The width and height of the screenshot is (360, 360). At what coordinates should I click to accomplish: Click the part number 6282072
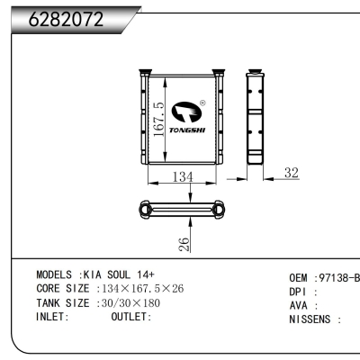[67, 19]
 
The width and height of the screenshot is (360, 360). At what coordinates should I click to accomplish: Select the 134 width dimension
[183, 177]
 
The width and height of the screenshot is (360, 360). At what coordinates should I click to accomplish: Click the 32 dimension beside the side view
[291, 172]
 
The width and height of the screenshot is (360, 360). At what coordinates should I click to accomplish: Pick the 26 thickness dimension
[183, 243]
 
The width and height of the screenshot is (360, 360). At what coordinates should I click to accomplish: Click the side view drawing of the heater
[256, 119]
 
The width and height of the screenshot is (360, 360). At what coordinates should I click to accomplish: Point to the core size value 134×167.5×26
[144, 288]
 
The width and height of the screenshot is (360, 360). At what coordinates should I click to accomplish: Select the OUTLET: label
[131, 317]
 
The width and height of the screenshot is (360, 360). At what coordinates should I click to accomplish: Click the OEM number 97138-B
[336, 278]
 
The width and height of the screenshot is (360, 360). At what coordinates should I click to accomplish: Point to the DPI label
[298, 292]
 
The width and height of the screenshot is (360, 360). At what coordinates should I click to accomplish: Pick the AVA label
[298, 306]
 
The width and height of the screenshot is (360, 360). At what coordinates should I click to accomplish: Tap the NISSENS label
[311, 319]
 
